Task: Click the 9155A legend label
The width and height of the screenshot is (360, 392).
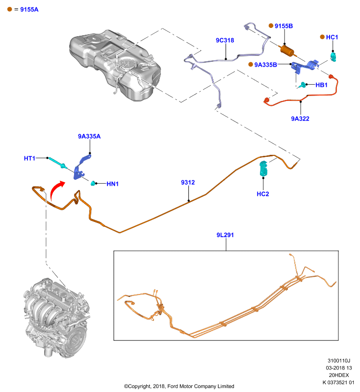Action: coord(29,9)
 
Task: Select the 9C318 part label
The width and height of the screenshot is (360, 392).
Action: coord(225,40)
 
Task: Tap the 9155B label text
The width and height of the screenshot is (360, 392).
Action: coord(283,26)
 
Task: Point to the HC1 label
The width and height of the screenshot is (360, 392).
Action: coord(332,37)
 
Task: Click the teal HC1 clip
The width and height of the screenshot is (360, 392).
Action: coord(333,56)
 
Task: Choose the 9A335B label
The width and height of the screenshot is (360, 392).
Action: coord(266,65)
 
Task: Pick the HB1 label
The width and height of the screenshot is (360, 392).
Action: coord(321,85)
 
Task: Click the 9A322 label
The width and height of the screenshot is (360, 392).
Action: coord(300,119)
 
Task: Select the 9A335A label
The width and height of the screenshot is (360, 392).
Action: coord(89,136)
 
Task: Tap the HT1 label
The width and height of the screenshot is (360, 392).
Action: coord(29,158)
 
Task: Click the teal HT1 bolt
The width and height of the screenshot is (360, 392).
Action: coord(57,163)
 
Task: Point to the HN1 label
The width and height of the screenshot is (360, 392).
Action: coord(113,184)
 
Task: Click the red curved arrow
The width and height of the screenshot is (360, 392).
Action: coord(55,189)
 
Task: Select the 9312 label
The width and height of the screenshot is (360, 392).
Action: coord(188,182)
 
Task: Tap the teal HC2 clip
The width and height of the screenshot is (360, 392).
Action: coord(263,168)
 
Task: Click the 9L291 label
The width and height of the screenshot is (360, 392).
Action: coord(225,235)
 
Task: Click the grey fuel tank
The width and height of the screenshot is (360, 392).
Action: coord(115,65)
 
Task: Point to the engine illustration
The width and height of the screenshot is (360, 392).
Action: coord(57,318)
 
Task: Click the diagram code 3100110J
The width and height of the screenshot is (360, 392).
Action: coord(339,361)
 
